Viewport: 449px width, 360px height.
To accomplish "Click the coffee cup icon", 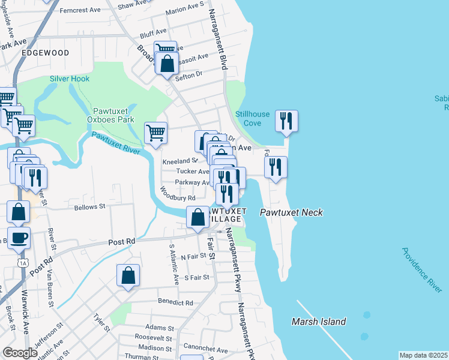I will (x=19, y=238).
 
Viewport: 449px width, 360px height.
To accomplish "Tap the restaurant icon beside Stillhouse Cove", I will (x=286, y=121).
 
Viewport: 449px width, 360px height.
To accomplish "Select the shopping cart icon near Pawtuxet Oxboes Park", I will (x=155, y=133).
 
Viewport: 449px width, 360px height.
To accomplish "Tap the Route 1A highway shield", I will (x=23, y=262).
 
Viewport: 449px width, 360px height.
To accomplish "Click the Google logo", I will (x=20, y=353).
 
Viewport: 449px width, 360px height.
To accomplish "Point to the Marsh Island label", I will (x=319, y=322).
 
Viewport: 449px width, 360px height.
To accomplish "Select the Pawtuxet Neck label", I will (x=291, y=212).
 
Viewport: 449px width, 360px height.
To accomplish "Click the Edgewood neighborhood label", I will (x=45, y=53).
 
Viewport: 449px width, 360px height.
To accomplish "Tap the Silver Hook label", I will (x=70, y=79).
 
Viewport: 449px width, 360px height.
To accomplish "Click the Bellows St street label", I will (x=89, y=207).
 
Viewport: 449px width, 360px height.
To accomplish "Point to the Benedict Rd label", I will (x=175, y=303).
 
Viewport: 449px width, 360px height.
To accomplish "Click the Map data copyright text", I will (x=423, y=355).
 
